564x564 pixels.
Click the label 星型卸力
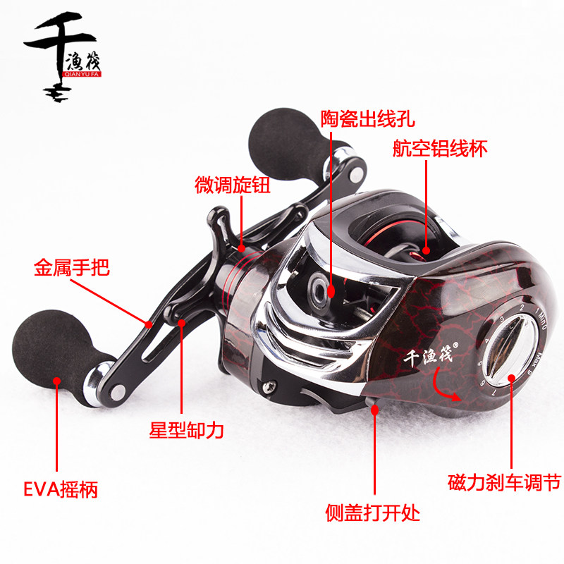click(x=186, y=430)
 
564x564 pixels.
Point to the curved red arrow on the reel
click(x=446, y=391)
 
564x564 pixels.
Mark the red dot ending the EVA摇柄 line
click(x=56, y=381)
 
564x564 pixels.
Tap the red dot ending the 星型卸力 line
click(x=182, y=324)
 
